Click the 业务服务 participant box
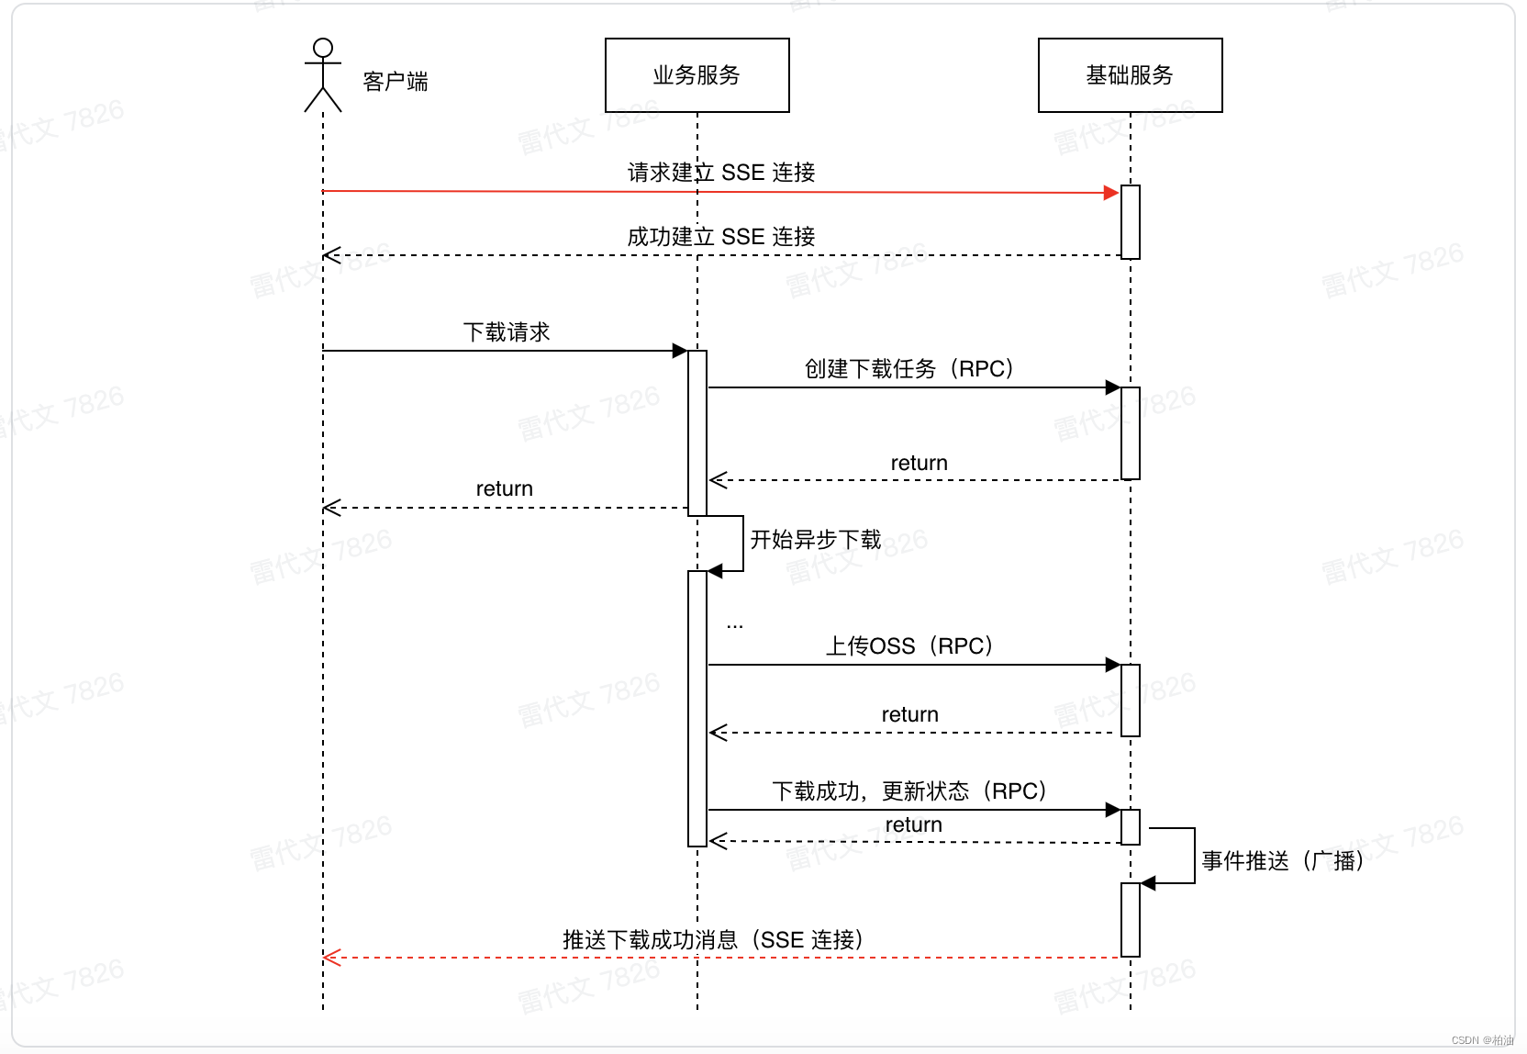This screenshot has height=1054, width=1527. [x=697, y=75]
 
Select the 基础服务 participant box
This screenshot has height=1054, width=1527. [x=1130, y=75]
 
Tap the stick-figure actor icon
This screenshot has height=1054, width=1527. [x=322, y=74]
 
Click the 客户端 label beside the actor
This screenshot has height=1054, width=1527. [x=396, y=82]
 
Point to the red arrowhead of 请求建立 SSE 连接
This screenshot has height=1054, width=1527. [x=1111, y=193]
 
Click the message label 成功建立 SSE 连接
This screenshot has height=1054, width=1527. [x=721, y=237]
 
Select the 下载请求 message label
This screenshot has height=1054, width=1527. [x=507, y=332]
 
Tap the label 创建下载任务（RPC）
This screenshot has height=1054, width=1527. [x=908, y=369]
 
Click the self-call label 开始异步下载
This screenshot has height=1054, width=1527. [x=816, y=540]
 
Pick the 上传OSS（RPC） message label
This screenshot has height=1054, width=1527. [x=908, y=646]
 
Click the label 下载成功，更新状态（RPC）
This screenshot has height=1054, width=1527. [x=908, y=791]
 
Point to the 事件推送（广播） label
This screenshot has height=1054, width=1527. [x=1282, y=861]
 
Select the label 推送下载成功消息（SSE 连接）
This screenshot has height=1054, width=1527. [x=712, y=940]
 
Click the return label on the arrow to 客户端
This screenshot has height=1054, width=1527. [x=505, y=488]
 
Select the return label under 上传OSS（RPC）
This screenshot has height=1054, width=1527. [x=910, y=714]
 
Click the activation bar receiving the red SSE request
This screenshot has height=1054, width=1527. [x=1131, y=222]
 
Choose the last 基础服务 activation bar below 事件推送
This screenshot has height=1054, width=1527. [x=1131, y=920]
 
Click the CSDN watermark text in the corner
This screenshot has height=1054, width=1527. [x=1482, y=1040]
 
